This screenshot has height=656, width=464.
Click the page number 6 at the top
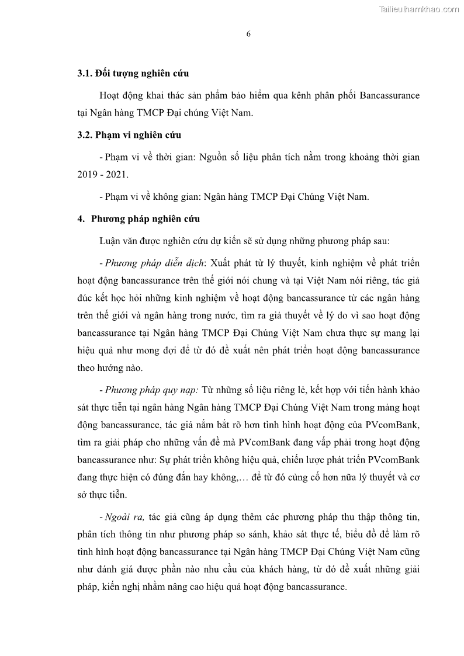point(248,34)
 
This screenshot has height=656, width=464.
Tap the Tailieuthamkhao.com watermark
point(419,9)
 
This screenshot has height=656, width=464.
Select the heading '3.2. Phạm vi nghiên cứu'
point(129,135)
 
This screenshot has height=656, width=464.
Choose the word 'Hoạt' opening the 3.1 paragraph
point(110,95)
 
